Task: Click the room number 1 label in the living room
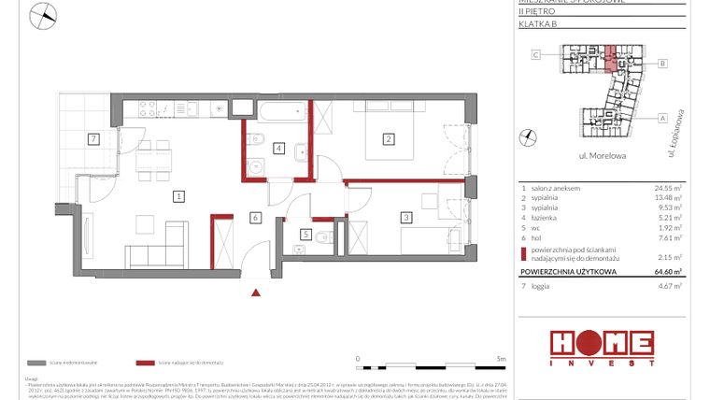178,196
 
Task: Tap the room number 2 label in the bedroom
388,140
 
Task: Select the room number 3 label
406,218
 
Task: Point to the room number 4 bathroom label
278,148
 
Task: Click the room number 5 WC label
305,234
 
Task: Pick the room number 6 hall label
253,218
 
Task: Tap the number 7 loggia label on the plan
92,140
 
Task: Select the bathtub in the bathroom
284,117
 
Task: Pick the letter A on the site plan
661,118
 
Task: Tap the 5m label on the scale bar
502,358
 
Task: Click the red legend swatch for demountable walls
145,362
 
